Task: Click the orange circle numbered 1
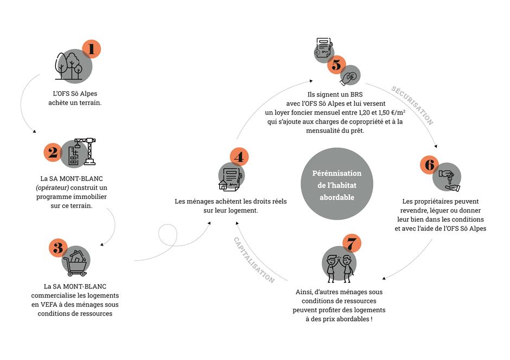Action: point(91,49)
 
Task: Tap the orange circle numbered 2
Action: point(53,152)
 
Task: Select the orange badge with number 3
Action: point(58,248)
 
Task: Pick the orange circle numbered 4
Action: point(239,157)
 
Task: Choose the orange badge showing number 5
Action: point(336,65)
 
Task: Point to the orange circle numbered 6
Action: point(429,165)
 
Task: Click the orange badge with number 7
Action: point(352,243)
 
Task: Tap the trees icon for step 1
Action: point(69,66)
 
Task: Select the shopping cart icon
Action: point(76,263)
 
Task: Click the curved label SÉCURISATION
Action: point(412,105)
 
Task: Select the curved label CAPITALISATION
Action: point(254,260)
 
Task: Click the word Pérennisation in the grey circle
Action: point(336,173)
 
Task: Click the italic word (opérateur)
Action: point(53,188)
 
